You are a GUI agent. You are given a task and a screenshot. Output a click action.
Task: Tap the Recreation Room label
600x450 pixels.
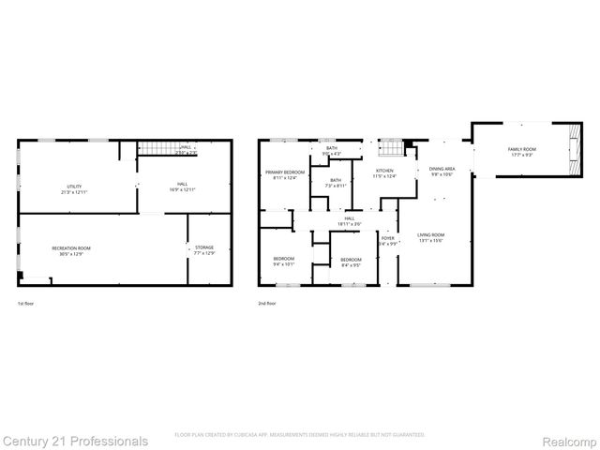71,248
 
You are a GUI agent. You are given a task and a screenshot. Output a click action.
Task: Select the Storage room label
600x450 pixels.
204,248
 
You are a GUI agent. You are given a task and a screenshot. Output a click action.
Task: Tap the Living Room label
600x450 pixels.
431,236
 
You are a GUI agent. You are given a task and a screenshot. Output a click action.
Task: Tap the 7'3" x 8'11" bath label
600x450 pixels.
335,182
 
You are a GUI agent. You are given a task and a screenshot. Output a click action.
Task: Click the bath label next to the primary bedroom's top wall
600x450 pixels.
332,149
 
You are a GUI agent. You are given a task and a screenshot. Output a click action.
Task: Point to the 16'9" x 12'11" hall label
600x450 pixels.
182,187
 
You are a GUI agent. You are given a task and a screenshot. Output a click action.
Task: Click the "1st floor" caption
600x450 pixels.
26,303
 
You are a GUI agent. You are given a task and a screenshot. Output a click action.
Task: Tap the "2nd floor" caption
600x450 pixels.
267,303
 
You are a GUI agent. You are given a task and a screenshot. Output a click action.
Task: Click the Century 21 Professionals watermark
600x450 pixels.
74,441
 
